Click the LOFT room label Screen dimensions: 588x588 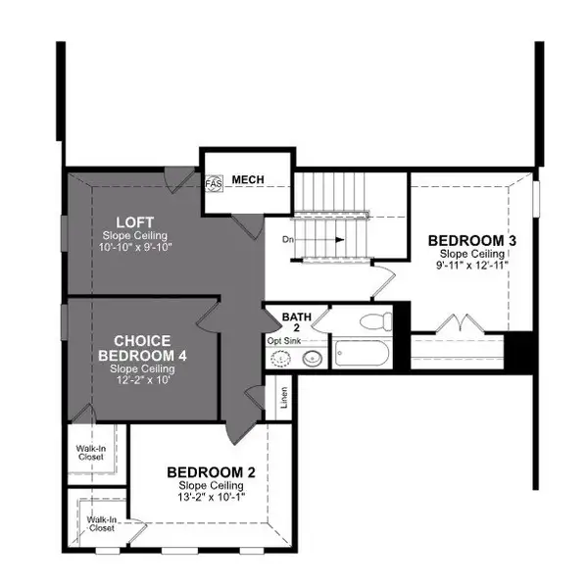135,222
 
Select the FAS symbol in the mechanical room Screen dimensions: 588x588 214,183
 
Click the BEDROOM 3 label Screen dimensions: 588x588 472,240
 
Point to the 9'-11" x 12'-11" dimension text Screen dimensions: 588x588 472,264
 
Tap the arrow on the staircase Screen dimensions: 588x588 334,238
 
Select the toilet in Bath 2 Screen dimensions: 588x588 373,319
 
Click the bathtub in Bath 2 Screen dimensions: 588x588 364,352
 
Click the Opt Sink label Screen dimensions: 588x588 285,341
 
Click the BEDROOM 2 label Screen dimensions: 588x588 210,471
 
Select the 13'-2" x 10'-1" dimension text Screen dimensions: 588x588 210,496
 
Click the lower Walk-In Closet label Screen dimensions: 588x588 100,524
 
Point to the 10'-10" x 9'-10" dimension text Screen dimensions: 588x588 135,247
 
